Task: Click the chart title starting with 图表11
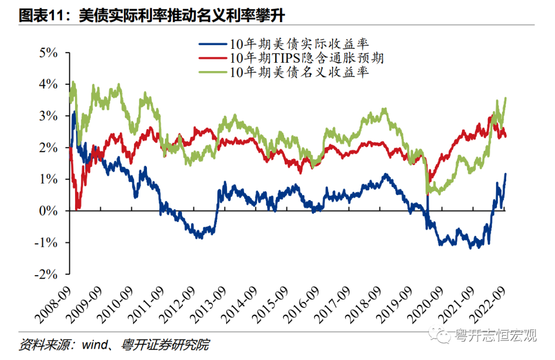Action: [x=152, y=15]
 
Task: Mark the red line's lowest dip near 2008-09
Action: [x=77, y=208]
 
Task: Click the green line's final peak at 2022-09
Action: [x=506, y=98]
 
